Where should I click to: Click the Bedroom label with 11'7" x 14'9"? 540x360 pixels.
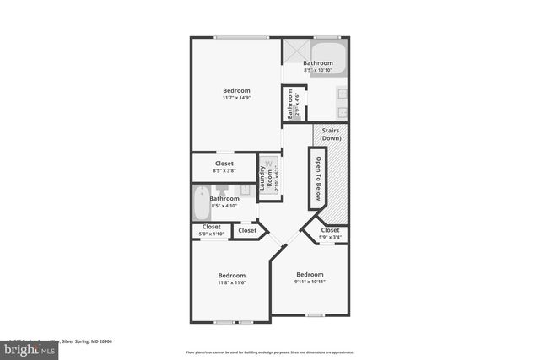236,91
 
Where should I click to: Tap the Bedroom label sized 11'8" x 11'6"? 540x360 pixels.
231,276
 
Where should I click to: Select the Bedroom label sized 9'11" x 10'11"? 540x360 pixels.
310,275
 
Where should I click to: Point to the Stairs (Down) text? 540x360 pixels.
330,134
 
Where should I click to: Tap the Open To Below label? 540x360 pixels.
319,178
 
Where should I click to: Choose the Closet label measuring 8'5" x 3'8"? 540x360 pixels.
224,164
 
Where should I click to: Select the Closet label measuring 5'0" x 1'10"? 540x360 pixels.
210,227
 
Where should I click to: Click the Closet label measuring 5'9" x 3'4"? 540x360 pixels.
330,230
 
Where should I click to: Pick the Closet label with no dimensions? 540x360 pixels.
247,230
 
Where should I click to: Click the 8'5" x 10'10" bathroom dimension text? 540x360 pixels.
318,70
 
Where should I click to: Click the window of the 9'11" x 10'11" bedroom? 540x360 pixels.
314,315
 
